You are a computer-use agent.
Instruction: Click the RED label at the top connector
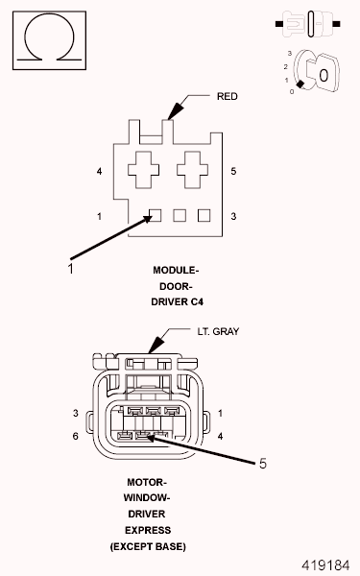pyautogui.click(x=227, y=96)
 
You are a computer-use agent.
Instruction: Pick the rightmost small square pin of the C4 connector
pyautogui.click(x=204, y=216)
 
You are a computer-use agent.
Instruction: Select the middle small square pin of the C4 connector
pyautogui.click(x=180, y=216)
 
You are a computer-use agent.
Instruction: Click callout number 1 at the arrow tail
pyautogui.click(x=70, y=270)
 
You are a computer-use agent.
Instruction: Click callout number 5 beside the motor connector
pyautogui.click(x=263, y=463)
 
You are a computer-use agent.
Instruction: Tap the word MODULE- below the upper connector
pyautogui.click(x=176, y=270)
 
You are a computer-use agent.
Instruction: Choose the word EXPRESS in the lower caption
pyautogui.click(x=148, y=529)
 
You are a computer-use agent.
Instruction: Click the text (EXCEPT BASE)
pyautogui.click(x=148, y=545)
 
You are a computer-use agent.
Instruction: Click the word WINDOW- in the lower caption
pyautogui.click(x=148, y=497)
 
